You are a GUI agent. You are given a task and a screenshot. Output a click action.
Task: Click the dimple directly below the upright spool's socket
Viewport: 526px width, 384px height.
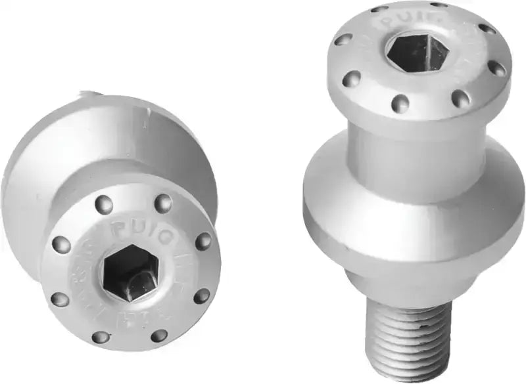click(x=400, y=103)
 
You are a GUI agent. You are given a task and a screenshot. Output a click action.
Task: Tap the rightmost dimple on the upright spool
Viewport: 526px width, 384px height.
click(x=498, y=68)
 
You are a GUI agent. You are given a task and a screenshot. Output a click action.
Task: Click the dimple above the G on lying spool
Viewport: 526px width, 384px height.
click(x=162, y=203)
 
